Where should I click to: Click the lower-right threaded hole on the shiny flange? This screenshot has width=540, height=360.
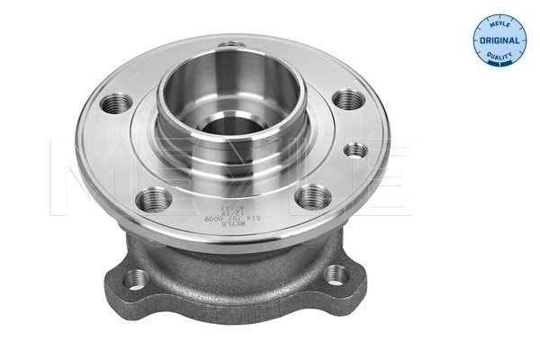pos(310,193)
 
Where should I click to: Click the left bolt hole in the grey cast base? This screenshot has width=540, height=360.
pos(138,279)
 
